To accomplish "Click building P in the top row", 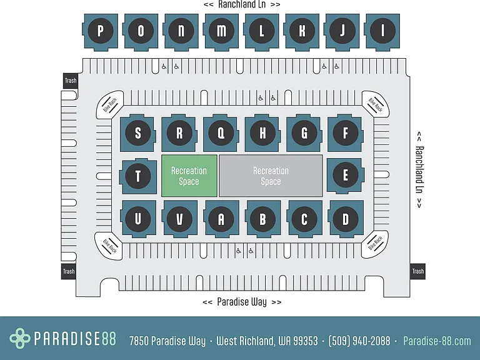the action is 101,31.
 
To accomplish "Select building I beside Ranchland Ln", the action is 382,31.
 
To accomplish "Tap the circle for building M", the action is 221,31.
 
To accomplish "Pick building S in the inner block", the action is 137,133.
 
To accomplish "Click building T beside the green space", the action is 137,176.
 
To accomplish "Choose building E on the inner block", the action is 346,176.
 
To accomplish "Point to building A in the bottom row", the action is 221,219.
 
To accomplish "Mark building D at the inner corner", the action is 346,219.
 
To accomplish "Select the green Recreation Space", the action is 189,176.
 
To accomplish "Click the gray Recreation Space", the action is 271,176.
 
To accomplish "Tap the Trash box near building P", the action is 71,81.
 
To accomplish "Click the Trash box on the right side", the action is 417,271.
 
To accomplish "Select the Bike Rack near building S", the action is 110,105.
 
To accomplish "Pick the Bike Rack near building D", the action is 375,244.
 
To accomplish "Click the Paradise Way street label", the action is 242,302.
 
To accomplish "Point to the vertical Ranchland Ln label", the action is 419,170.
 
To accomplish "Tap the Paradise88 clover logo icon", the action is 20,338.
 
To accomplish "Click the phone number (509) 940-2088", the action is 359,341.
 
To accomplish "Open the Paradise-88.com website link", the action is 437,341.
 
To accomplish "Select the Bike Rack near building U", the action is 109,246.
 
